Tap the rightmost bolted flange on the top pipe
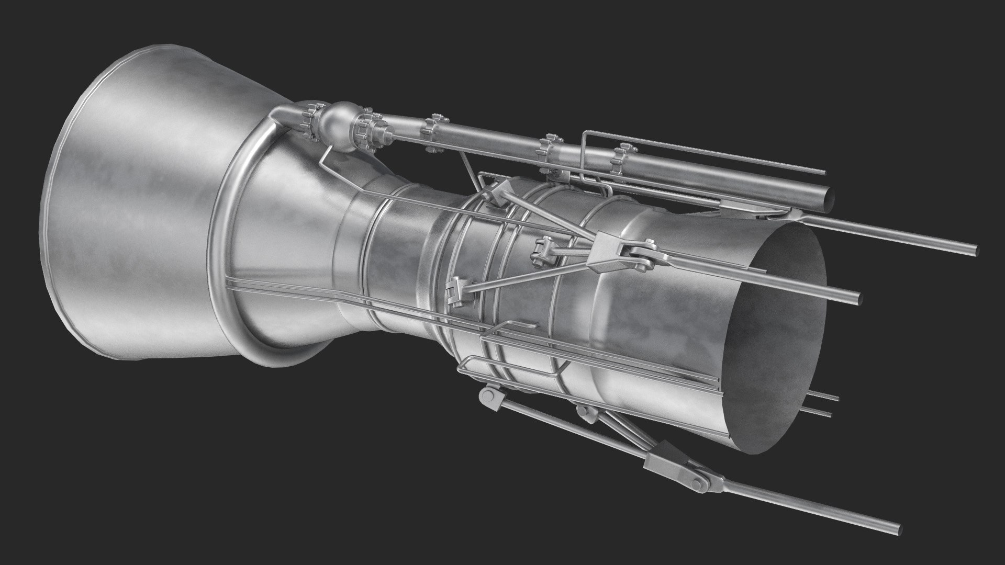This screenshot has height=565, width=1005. (x=621, y=160)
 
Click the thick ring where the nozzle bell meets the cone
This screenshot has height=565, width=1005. (x=236, y=251)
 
